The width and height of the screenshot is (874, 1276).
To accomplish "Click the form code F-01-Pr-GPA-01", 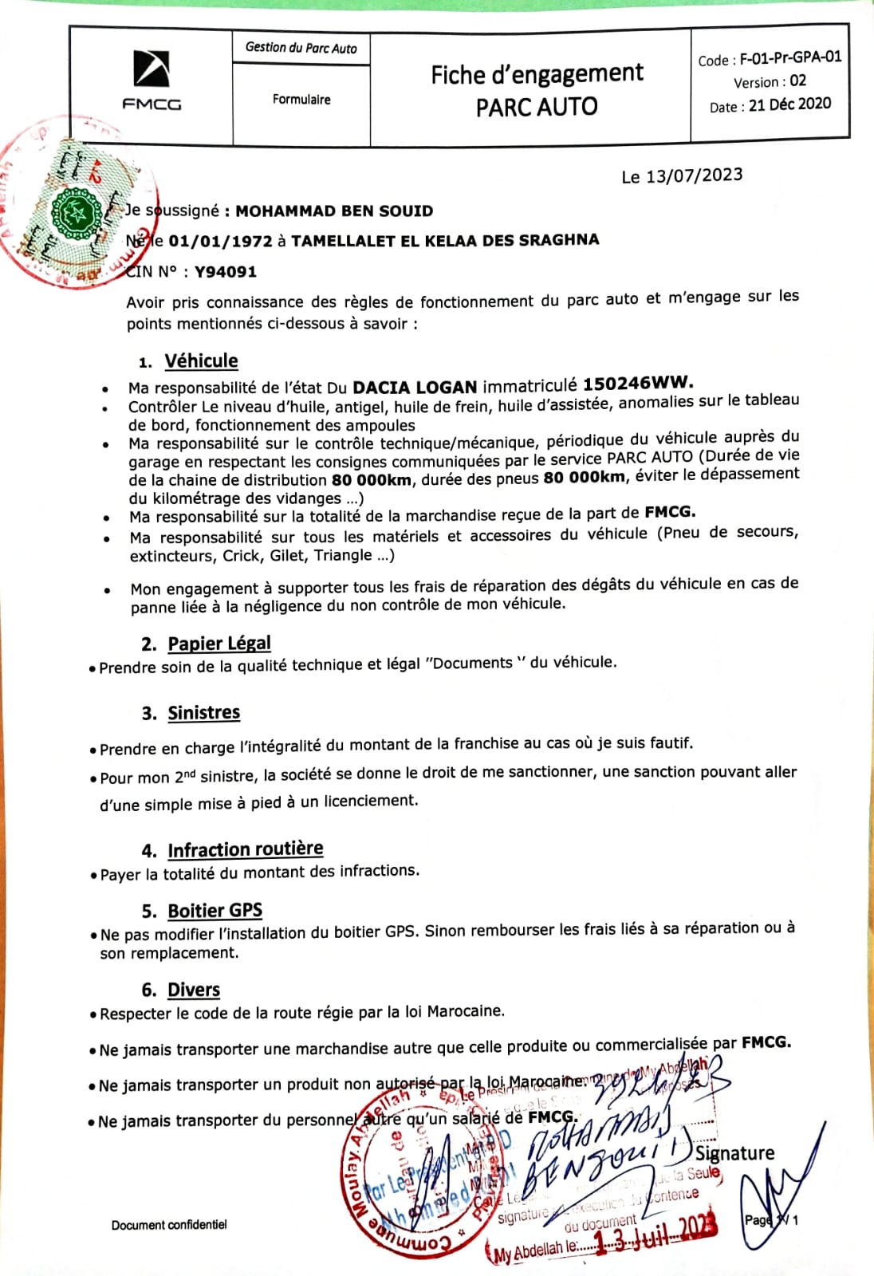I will tap(790, 57).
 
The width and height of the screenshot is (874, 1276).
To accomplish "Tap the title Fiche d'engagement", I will tap(537, 74).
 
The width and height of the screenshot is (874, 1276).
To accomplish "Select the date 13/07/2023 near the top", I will tap(694, 175).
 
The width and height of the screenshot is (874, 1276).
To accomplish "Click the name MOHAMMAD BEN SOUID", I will tap(334, 211).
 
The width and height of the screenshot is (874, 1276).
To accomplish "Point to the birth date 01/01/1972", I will tap(220, 241).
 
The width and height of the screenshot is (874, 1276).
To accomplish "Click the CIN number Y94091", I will tap(226, 272).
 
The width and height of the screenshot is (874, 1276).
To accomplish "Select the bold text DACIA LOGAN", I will tap(415, 388).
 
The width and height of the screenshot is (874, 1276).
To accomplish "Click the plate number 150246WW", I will tap(637, 383).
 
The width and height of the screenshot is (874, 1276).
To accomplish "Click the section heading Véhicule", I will tap(201, 361).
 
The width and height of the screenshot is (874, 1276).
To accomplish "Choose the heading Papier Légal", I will tap(219, 644).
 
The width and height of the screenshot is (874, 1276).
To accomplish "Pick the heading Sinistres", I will tap(203, 713).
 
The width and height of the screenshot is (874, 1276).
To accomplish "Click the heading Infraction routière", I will tap(245, 849).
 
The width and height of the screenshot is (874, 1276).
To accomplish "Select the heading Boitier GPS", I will tap(215, 911).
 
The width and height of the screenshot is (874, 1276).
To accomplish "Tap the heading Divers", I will tap(194, 990).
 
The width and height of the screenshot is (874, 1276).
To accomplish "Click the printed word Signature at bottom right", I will tap(734, 1153).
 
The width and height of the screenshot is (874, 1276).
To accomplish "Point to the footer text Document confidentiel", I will tap(169, 1225).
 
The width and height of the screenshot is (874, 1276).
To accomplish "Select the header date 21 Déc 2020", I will tap(789, 104).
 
